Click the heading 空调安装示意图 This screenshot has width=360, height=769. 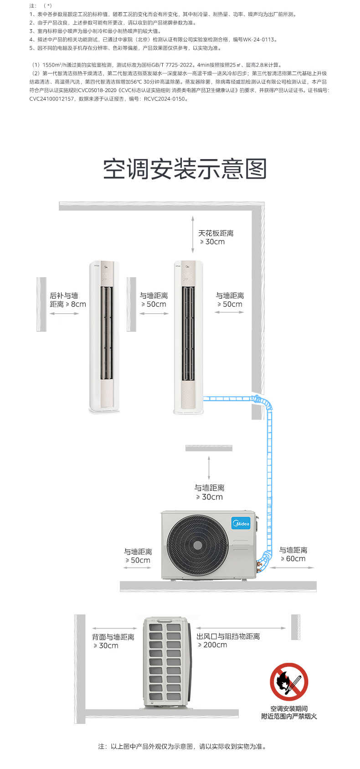pos(185,169)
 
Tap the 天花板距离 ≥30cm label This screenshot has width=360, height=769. pos(215,237)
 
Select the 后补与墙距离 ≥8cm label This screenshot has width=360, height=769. pos(67,300)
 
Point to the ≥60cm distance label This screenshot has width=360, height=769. pos(293,554)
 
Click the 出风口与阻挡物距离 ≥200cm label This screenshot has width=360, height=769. pos(228,640)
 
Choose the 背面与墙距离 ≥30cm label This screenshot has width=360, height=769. pos(113,641)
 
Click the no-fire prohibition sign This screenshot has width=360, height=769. pos(289,681)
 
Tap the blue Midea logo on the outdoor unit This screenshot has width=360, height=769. pos(241,523)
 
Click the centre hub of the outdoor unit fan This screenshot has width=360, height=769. pos(198,545)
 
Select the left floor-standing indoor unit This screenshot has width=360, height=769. pos(104,337)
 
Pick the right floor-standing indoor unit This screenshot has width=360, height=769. pos(188,337)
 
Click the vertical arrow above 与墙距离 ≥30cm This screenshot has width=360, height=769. pos(209,467)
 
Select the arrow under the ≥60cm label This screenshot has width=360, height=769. pos(293,568)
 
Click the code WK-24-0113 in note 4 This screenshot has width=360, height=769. pos(259,40)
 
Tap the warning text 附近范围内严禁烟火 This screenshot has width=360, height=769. pos(289,716)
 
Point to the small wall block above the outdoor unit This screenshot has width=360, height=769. pos(209,448)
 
